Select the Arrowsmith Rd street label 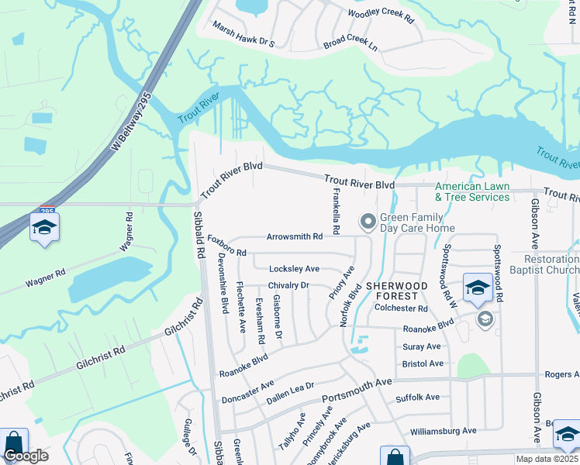point(294,236)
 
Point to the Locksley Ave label point(294,269)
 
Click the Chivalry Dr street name point(288,286)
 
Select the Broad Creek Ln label point(350,42)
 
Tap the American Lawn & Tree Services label point(472,191)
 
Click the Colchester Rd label point(402,308)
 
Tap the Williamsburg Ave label point(444,431)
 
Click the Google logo point(25,456)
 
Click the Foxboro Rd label point(226,246)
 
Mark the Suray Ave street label point(422,346)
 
